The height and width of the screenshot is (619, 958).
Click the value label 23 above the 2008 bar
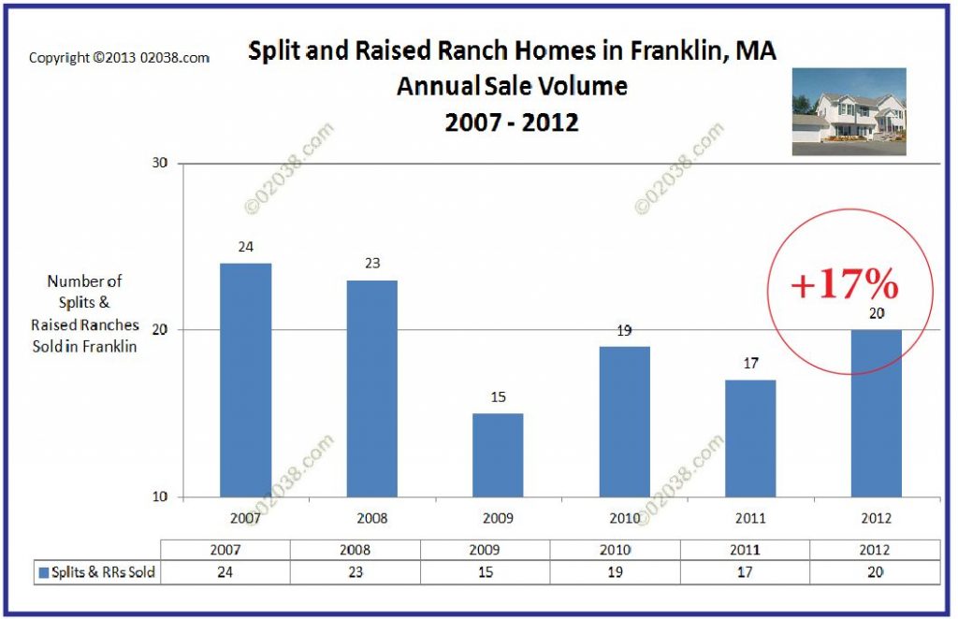point(371,264)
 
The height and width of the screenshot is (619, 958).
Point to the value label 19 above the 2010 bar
point(624,330)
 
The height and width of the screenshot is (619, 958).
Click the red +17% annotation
point(844,284)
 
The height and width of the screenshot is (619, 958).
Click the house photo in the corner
point(849,111)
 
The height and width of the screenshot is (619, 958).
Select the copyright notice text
point(119,58)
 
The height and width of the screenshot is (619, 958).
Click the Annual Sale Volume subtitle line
point(512,86)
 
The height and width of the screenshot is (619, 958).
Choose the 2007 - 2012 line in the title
point(512,121)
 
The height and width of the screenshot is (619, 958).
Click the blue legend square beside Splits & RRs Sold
point(42,572)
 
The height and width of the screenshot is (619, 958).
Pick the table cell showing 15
point(484,572)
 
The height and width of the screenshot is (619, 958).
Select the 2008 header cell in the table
point(354,549)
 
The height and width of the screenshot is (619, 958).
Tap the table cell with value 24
point(225,572)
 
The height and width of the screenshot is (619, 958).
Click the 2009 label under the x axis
point(498,517)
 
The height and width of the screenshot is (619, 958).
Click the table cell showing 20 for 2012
point(875,572)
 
